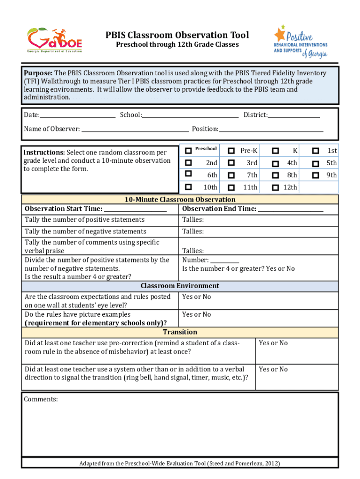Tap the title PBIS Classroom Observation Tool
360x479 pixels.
[x=177, y=35]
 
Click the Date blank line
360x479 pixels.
[x=78, y=115]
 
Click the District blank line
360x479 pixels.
[x=294, y=115]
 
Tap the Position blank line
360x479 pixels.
[x=271, y=129]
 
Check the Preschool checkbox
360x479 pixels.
[x=188, y=150]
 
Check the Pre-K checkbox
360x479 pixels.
[x=231, y=151]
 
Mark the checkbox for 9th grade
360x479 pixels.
[x=316, y=175]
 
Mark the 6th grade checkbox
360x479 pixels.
[x=188, y=174]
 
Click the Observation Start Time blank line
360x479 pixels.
[x=136, y=209]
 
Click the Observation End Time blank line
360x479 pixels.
[x=290, y=209]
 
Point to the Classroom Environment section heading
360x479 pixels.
[x=180, y=286]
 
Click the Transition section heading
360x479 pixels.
[x=180, y=332]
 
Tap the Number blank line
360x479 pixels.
[x=224, y=260]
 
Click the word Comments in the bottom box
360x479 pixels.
[x=41, y=399]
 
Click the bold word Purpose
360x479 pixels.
[x=39, y=73]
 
